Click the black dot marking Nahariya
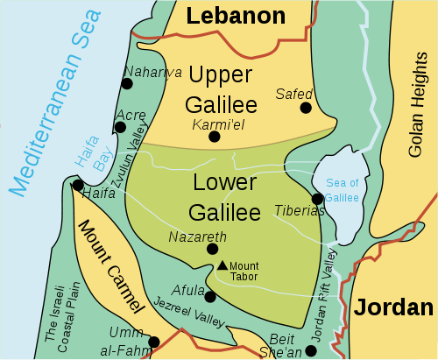pyautogui.click(x=128, y=83)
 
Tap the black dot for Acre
pyautogui.click(x=120, y=127)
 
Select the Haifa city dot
pyautogui.click(x=78, y=186)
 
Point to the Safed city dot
pyautogui.click(x=305, y=108)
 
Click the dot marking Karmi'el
pyautogui.click(x=214, y=136)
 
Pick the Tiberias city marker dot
pyautogui.click(x=317, y=199)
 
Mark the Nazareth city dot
pyautogui.click(x=212, y=249)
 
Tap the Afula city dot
pyautogui.click(x=210, y=296)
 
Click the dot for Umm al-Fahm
pyautogui.click(x=154, y=342)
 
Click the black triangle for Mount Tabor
pyautogui.click(x=223, y=265)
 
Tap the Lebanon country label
pyautogui.click(x=237, y=16)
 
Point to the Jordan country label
pyautogui.click(x=393, y=307)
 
